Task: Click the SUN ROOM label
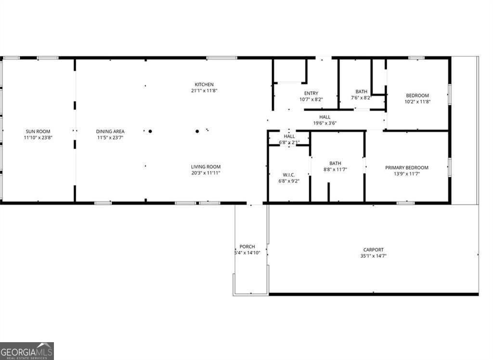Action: pos(38,131)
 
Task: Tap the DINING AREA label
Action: pos(111,131)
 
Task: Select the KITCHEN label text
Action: pos(204,85)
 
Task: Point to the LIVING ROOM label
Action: pos(206,167)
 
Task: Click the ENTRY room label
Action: pos(311,93)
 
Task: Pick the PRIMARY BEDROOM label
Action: pos(406,168)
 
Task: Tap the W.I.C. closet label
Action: pos(289,174)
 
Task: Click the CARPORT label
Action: pos(374,250)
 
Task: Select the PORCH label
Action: pos(247,246)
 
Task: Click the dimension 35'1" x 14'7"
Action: pos(374,256)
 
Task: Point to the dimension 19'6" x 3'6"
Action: pos(324,123)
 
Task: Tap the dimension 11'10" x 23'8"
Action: pos(38,137)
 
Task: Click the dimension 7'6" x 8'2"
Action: pos(361,98)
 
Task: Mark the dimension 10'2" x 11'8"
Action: pos(417,102)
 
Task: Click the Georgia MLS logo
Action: pos(27,351)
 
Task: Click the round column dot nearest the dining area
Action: pos(150,131)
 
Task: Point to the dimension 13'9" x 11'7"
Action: pos(406,173)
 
